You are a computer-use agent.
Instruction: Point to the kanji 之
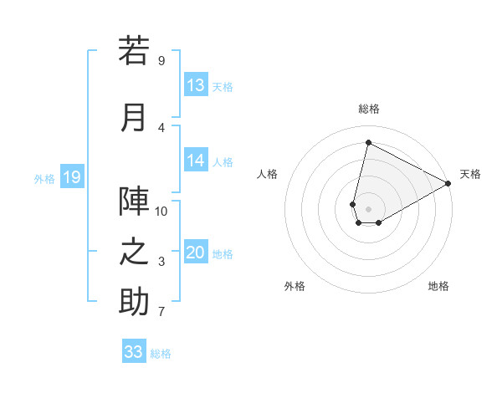pos(134,252)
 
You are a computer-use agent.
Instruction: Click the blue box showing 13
pos(196,85)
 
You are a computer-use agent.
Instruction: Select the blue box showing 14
pos(196,161)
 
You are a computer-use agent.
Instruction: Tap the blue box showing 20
pos(196,253)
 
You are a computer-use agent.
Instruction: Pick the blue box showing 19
pos(72,177)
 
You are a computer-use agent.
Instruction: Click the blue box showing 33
pos(134,352)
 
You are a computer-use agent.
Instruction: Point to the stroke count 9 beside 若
pos(161,61)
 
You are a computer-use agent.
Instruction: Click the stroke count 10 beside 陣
pos(161,211)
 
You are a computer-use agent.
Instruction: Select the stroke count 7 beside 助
pos(161,312)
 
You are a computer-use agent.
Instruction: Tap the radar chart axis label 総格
pos(368,109)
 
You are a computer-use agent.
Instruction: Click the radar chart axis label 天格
pos(470,174)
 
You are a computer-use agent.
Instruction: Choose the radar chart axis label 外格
pos(295,286)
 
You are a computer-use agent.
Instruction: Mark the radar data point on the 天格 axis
pos(448,183)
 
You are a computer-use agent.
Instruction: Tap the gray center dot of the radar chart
pos(368,208)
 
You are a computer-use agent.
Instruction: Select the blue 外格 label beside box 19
pos(44,178)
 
